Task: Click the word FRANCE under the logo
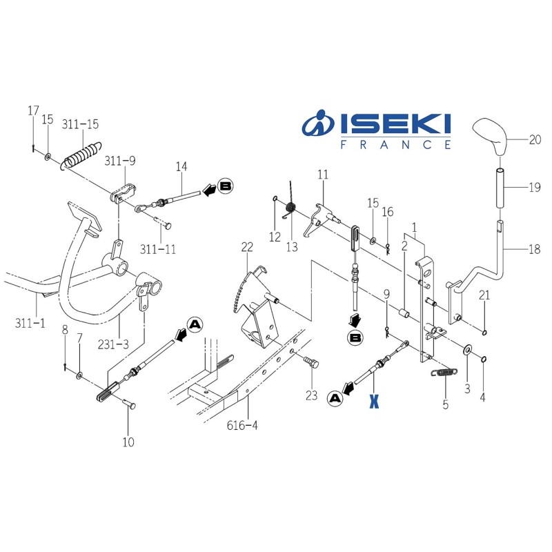[396, 144]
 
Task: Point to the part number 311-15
[80, 125]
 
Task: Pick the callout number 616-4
[241, 426]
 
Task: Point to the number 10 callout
[128, 442]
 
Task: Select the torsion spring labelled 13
[291, 204]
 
